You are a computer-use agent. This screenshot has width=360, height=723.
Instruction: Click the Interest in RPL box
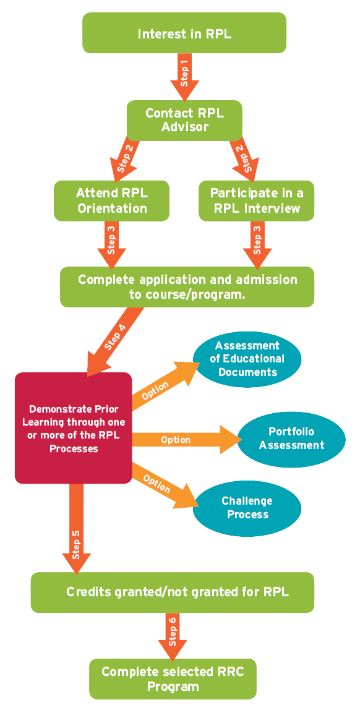coord(184,33)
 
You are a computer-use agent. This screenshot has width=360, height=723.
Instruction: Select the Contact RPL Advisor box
coord(184,120)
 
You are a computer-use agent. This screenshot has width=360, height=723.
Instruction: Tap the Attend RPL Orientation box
coord(111,200)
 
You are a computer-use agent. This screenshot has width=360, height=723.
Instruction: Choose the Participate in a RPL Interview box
coord(256,200)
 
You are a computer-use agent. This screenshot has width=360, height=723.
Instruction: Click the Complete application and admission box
coord(187,287)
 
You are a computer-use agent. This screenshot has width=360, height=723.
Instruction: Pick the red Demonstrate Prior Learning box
coord(73,427)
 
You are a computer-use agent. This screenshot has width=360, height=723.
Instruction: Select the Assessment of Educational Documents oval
coord(247,359)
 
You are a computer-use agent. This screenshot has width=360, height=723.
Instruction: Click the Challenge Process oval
coord(247,507)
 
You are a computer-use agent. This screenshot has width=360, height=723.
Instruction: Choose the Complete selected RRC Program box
coord(173,678)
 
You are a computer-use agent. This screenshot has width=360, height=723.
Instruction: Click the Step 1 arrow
coord(184,78)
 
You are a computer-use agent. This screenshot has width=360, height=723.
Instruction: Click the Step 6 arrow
coord(173,636)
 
